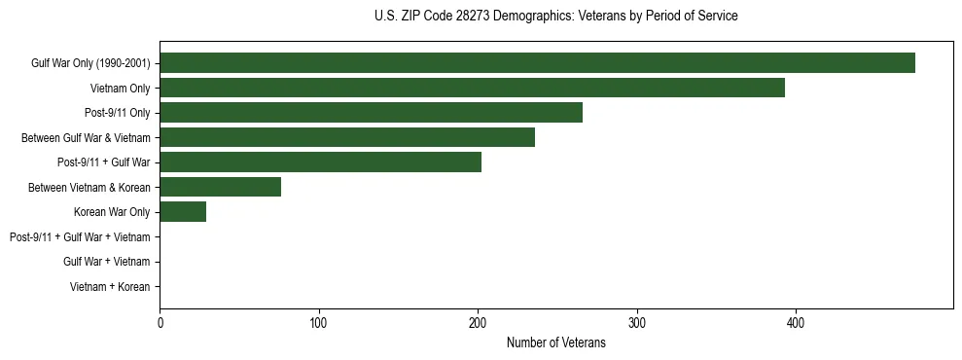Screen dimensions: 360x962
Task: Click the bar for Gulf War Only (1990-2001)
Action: pyautogui.click(x=537, y=63)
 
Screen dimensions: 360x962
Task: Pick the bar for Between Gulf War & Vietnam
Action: pyautogui.click(x=347, y=137)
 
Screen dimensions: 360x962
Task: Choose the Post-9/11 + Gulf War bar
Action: pyautogui.click(x=320, y=162)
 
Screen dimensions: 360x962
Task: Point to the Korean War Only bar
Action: pyautogui.click(x=183, y=212)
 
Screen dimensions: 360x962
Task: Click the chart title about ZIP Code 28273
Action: pyautogui.click(x=555, y=17)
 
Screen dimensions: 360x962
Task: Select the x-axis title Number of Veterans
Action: pyautogui.click(x=555, y=342)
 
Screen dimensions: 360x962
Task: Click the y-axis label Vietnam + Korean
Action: pyautogui.click(x=109, y=287)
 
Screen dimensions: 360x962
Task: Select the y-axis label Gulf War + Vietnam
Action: pyautogui.click(x=106, y=262)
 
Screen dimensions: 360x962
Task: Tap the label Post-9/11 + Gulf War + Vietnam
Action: pyautogui.click(x=80, y=236)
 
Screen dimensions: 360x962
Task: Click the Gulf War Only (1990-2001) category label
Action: pyautogui.click(x=90, y=63)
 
